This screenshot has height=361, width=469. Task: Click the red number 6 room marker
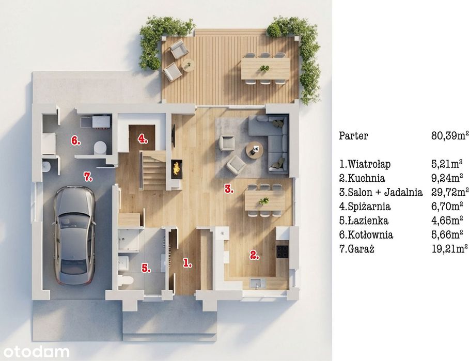coord(76,140)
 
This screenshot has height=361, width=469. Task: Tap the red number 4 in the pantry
coord(143,139)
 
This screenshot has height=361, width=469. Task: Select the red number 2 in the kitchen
coord(255,255)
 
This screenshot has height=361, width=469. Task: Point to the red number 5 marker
coord(146,268)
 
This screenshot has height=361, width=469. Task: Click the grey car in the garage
coord(74,235)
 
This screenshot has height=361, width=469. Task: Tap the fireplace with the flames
coord(177,169)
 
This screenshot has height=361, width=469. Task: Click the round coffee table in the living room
coord(255,150)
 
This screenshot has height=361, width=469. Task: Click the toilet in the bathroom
coord(126,281)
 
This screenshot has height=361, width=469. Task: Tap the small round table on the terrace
coord(189,65)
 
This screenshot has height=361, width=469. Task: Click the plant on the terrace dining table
coord(264,68)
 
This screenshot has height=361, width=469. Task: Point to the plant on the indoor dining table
coord(264,201)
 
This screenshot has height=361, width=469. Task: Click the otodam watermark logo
coord(36,352)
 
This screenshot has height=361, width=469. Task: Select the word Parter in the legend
coord(353,136)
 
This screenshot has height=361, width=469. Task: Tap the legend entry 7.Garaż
coord(357,249)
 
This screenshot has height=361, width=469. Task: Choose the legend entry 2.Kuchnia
coord(362,178)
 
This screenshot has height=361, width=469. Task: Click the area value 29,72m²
coord(450,192)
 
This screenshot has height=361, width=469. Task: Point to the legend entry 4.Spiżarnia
coord(365,207)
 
